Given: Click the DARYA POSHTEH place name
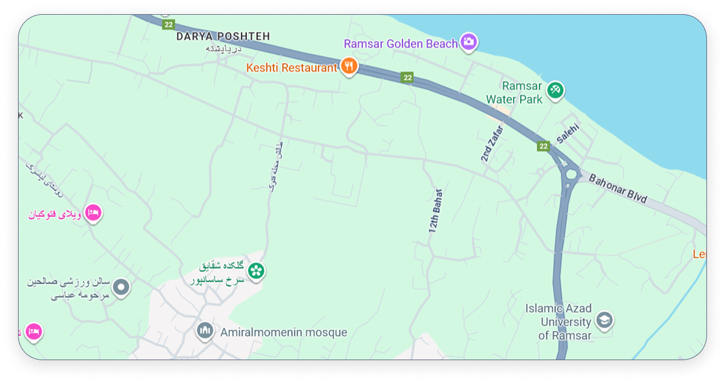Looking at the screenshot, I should [x=223, y=37].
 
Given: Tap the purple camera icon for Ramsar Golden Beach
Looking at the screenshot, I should [x=469, y=42].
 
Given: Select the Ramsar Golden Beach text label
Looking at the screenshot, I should [x=400, y=44].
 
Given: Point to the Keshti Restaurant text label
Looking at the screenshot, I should [x=292, y=67].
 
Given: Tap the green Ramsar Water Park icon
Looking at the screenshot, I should [x=555, y=90].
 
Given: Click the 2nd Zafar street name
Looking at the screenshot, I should [x=493, y=143].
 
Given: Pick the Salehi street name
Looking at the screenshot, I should [x=568, y=133].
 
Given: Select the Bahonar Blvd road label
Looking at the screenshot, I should [x=618, y=189].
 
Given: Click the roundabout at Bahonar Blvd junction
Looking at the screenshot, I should [x=570, y=173].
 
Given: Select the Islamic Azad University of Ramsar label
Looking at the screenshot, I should [x=557, y=322].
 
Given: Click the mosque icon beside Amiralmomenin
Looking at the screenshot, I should [x=205, y=331].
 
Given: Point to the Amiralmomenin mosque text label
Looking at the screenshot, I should [x=283, y=333].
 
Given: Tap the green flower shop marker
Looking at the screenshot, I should [x=256, y=271].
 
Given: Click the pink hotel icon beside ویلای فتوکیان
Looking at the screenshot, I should [x=93, y=213].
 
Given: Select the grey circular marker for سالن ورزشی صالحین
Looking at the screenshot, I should [x=121, y=287].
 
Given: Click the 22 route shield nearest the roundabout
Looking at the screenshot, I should [x=543, y=146].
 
